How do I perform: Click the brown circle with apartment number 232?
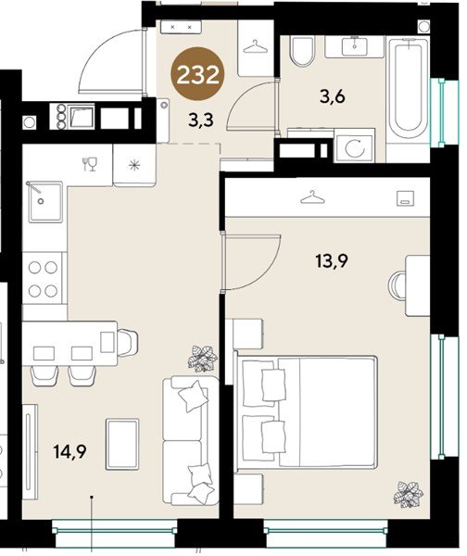[198, 74]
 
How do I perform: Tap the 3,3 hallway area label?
[201, 120]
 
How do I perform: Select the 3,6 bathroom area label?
[333, 96]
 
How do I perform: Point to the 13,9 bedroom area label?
[332, 261]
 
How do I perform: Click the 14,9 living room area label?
[69, 452]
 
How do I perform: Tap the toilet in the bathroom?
[302, 51]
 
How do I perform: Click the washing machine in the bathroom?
[355, 145]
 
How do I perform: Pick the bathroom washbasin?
[355, 47]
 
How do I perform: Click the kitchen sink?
[45, 202]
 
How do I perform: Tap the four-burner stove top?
[43, 279]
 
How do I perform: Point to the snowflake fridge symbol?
[134, 165]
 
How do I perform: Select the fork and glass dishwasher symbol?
[90, 164]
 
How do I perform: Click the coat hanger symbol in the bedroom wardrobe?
[312, 197]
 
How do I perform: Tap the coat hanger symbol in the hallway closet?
[256, 47]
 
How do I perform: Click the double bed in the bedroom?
[306, 412]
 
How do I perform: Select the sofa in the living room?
[191, 439]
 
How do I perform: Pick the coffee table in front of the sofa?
[122, 444]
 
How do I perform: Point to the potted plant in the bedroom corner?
[409, 494]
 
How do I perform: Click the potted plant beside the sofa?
[203, 359]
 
